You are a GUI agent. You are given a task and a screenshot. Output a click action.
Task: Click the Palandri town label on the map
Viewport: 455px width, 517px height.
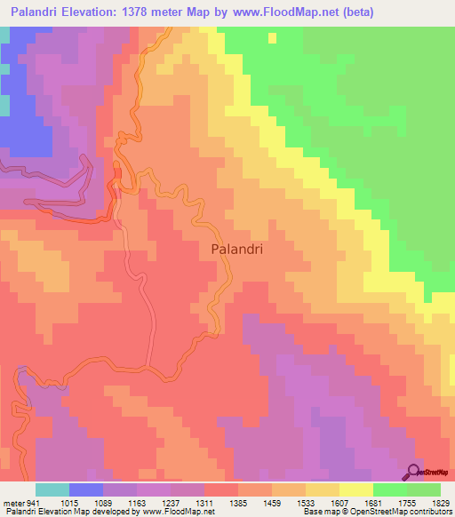(x=237, y=250)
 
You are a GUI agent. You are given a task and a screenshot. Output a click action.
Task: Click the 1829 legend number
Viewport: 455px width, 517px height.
(x=442, y=503)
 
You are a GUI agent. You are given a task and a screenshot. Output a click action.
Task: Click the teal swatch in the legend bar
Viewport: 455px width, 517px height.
(x=52, y=489)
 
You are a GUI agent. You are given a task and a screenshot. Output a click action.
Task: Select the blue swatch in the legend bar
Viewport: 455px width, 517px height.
(x=86, y=489)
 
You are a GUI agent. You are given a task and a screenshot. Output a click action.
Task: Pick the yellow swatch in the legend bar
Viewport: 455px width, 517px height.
(x=356, y=489)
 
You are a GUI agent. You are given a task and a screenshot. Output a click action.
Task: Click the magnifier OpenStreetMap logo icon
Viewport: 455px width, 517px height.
(x=414, y=471)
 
